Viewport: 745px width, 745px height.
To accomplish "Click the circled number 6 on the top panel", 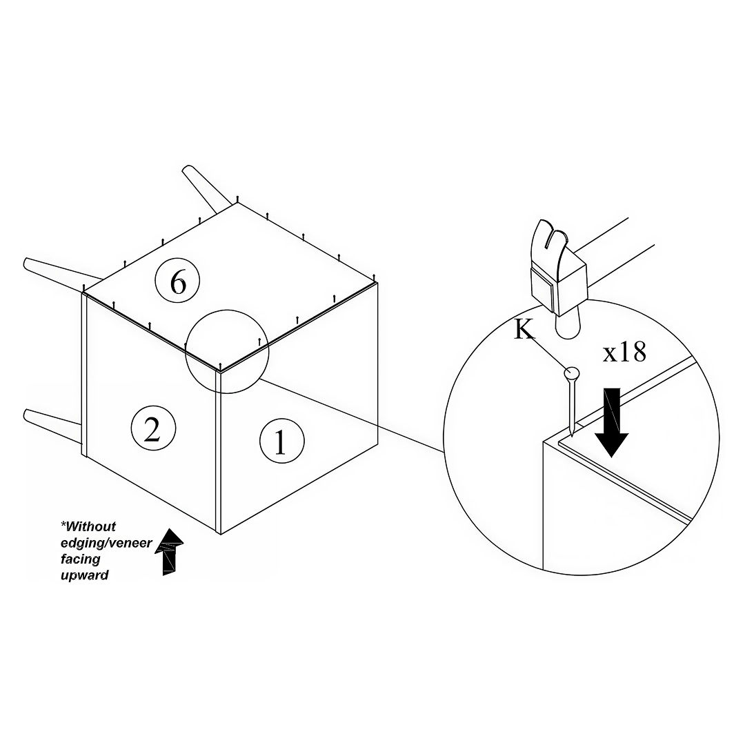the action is (x=178, y=282).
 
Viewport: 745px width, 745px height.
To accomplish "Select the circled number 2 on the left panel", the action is (x=153, y=429).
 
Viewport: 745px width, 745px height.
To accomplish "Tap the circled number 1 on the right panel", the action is (x=281, y=441).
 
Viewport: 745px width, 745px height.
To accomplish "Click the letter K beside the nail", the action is (x=524, y=329).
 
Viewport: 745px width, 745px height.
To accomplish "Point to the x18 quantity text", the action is (x=624, y=352).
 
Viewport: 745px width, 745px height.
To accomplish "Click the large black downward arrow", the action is (x=612, y=422).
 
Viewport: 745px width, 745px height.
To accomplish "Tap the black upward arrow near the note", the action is (x=170, y=551).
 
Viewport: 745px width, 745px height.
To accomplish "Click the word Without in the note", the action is (x=89, y=526).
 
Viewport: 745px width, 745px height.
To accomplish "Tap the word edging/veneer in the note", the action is (x=106, y=543).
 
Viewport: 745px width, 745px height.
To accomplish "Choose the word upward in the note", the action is (x=85, y=575).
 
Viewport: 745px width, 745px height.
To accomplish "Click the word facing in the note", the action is (x=80, y=559).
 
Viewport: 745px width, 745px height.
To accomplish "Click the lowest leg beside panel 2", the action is (x=52, y=420).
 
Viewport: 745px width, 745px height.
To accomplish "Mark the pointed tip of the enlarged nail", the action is (x=573, y=435).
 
